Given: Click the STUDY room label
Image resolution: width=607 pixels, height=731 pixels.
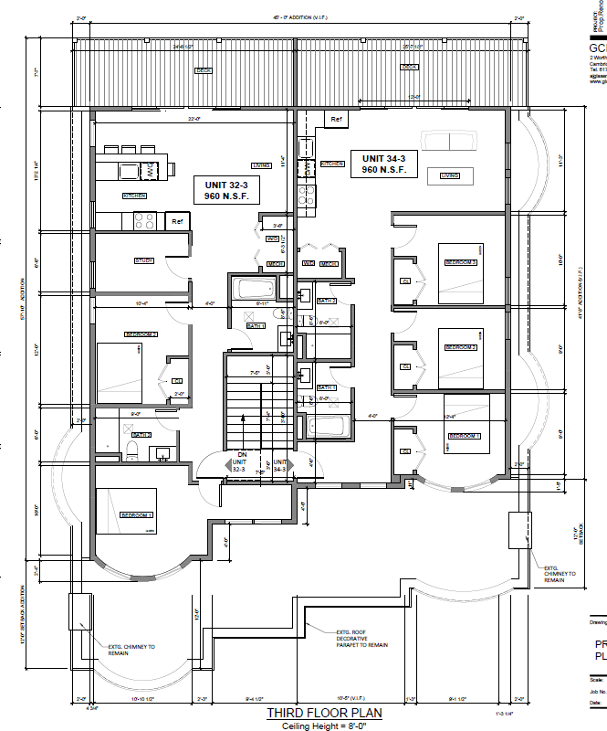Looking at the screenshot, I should point(144,261).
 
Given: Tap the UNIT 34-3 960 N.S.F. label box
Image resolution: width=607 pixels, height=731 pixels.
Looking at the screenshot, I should point(390,164).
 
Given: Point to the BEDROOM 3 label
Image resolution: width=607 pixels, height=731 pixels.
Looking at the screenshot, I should point(460,262).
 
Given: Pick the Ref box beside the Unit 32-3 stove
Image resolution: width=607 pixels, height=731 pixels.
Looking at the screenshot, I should point(176,221).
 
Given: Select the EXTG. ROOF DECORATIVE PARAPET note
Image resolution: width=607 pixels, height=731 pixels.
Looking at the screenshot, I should point(361,638).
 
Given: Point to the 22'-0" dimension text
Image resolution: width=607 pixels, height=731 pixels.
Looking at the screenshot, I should point(194,119).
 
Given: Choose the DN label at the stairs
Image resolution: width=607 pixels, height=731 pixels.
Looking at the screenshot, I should point(241,454).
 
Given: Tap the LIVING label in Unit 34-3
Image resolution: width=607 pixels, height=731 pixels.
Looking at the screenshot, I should point(449,175).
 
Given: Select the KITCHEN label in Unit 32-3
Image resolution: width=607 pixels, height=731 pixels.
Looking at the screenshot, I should point(135,196).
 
